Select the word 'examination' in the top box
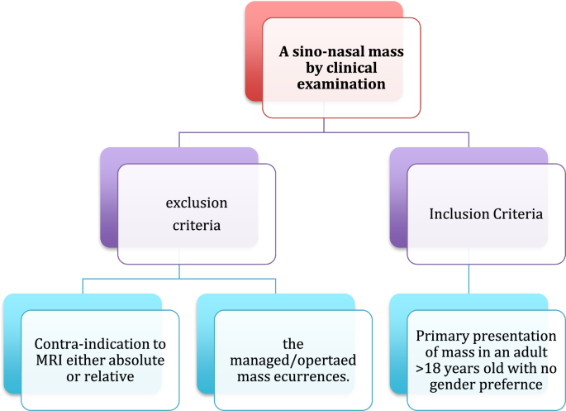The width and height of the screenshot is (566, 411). pyautogui.click(x=341, y=84)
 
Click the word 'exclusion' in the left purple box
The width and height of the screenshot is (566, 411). pyautogui.click(x=196, y=202)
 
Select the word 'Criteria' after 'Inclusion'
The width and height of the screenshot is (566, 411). pyautogui.click(x=516, y=213)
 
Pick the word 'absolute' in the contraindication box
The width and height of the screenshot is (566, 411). pyautogui.click(x=138, y=360)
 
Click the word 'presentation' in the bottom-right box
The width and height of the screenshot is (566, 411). pyautogui.click(x=505, y=337)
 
